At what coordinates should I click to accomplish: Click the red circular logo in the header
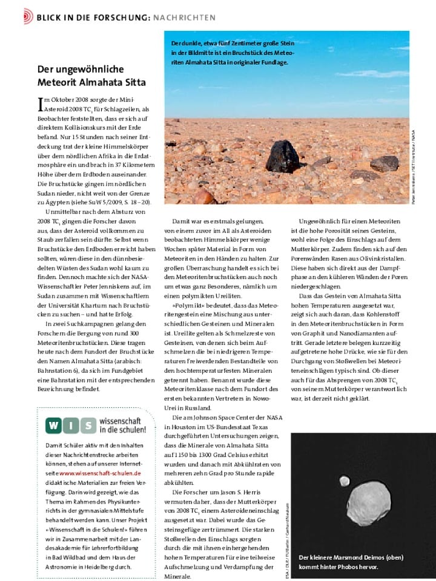click(x=28, y=16)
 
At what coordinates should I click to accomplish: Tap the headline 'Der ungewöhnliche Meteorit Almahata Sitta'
click(x=91, y=76)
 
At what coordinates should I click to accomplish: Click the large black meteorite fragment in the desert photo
click(x=283, y=157)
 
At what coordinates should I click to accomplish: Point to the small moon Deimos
click(x=345, y=481)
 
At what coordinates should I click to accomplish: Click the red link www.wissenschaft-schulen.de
click(x=100, y=473)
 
